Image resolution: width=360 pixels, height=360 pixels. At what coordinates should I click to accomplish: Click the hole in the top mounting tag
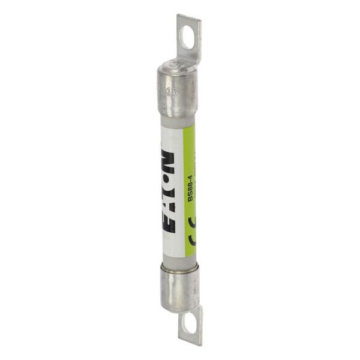187,37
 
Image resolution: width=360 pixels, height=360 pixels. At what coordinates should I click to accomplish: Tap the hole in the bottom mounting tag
189,326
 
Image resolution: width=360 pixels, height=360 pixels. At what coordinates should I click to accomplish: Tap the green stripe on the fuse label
191,180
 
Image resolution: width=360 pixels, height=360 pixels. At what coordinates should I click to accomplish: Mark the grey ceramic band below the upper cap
178,122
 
